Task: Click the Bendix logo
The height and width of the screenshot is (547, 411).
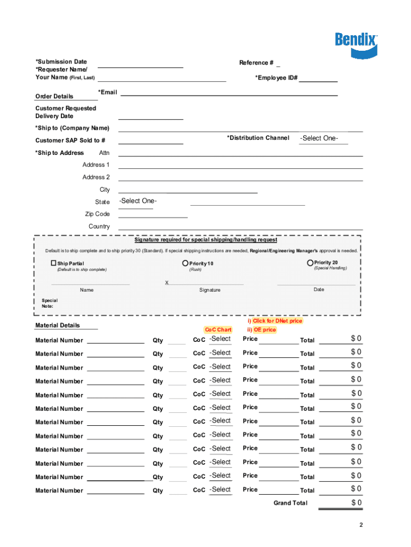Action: [x=356, y=44]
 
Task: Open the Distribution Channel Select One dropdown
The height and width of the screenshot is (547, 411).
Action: [x=323, y=138]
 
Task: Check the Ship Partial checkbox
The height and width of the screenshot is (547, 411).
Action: [x=53, y=263]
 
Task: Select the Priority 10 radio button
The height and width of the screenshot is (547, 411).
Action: [x=185, y=263]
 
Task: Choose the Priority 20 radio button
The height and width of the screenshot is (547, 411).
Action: [x=310, y=262]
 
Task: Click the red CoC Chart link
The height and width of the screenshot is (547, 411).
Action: [x=218, y=330]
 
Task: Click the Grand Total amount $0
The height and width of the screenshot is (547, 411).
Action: [x=356, y=503]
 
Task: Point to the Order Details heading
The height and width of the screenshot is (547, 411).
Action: [x=54, y=96]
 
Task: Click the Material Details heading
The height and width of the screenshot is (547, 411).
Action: [x=57, y=325]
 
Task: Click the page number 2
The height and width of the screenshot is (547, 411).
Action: [x=361, y=525]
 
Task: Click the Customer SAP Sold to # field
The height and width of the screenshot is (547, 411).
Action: [x=151, y=140]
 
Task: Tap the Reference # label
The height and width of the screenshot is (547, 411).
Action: [x=256, y=63]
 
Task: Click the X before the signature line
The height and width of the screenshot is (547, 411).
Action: [x=167, y=283]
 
